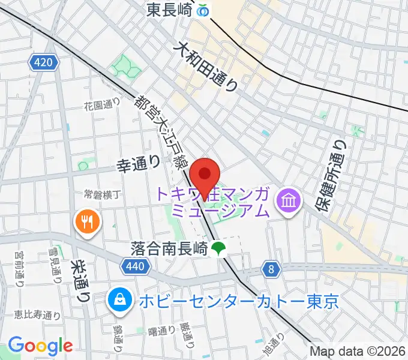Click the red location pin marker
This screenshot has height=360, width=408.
[205, 175]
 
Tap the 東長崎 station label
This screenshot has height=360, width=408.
[172, 10]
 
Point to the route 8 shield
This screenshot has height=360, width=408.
[272, 270]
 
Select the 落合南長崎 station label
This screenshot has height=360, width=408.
[170, 247]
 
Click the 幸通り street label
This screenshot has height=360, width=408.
[138, 163]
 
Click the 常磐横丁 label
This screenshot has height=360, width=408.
[103, 196]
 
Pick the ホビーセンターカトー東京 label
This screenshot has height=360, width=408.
[239, 299]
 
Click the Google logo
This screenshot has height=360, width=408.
[40, 346]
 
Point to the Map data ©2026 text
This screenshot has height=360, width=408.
[358, 351]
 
